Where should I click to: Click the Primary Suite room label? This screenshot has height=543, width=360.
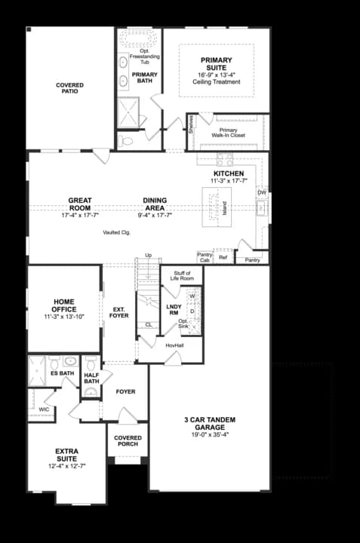click(216, 64)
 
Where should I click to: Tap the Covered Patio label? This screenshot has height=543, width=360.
click(69, 90)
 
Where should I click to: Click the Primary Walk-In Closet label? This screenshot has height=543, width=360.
click(228, 133)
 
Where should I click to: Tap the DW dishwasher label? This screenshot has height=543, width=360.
click(262, 193)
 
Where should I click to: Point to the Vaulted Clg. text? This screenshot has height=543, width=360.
click(117, 232)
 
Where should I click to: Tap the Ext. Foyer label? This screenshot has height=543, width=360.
click(118, 311)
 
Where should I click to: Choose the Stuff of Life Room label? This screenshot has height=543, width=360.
click(183, 275)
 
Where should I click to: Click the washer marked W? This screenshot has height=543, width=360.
click(192, 296)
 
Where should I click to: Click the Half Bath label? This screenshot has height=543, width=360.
click(92, 378)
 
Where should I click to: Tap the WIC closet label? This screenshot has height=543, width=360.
click(44, 410)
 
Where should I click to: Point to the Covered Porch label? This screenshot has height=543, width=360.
click(127, 440)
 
